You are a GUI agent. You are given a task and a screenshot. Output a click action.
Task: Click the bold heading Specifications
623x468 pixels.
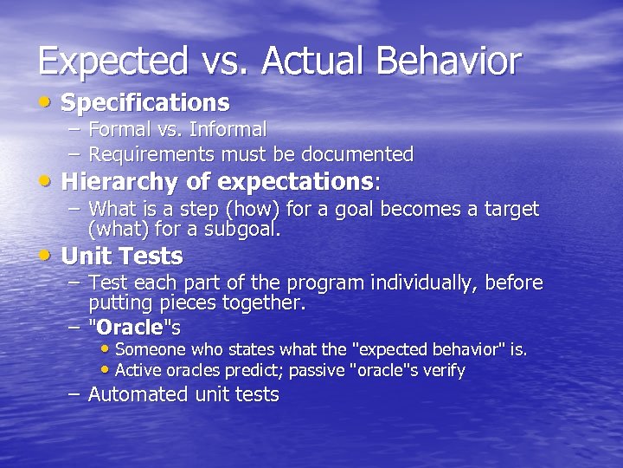coord(145,103)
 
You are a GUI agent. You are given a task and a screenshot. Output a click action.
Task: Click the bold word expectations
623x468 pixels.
coord(294,182)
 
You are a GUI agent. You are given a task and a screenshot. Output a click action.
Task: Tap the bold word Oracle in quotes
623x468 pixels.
coord(131,328)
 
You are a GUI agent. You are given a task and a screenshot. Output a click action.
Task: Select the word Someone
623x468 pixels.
coord(148,350)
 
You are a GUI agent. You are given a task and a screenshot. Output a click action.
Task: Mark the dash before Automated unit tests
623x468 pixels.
coord(75,394)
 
